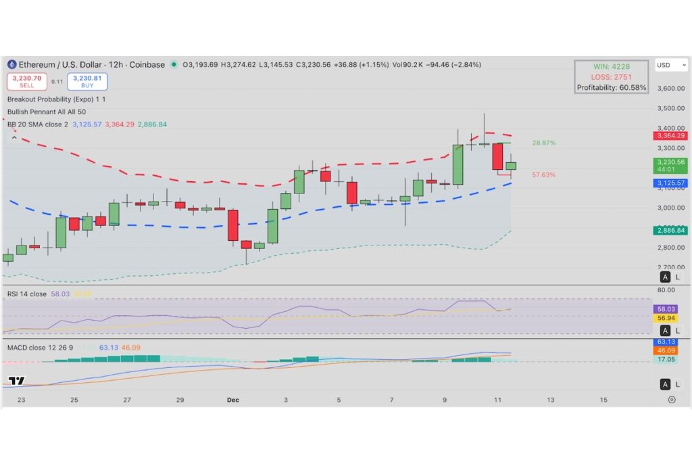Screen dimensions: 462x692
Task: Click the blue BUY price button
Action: coord(87,81)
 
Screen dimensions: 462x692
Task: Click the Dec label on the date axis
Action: coord(232,400)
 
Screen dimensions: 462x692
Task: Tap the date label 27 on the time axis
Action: coord(127,400)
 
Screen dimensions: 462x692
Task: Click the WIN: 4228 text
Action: coord(611,66)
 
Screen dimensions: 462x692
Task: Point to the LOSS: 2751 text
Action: coord(611,77)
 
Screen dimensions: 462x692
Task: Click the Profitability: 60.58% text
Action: coord(611,87)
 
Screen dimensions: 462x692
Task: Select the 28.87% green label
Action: coord(543,143)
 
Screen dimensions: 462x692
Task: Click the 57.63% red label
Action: coord(543,175)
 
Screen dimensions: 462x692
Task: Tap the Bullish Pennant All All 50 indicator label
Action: coord(47,111)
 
